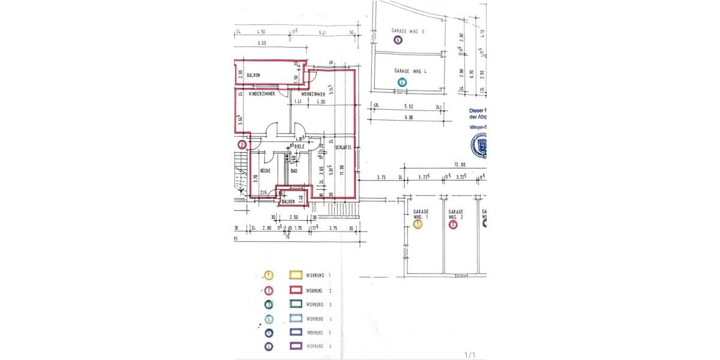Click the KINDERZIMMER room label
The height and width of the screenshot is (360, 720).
262,94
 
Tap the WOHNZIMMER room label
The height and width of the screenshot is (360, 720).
313,94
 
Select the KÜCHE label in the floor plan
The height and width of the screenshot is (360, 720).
266,171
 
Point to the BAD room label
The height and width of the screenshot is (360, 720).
294,171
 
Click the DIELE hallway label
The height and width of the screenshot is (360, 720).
300,146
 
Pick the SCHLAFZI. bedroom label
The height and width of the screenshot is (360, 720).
343,147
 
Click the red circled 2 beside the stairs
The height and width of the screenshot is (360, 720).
242,145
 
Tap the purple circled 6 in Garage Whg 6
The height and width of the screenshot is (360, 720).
398,40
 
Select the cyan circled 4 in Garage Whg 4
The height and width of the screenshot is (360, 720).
402,82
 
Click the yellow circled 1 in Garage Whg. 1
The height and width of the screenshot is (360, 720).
419,224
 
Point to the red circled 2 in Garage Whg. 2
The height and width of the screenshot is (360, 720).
454,224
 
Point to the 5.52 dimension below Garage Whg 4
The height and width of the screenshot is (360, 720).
409,106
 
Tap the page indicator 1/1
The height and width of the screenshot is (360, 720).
470,355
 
